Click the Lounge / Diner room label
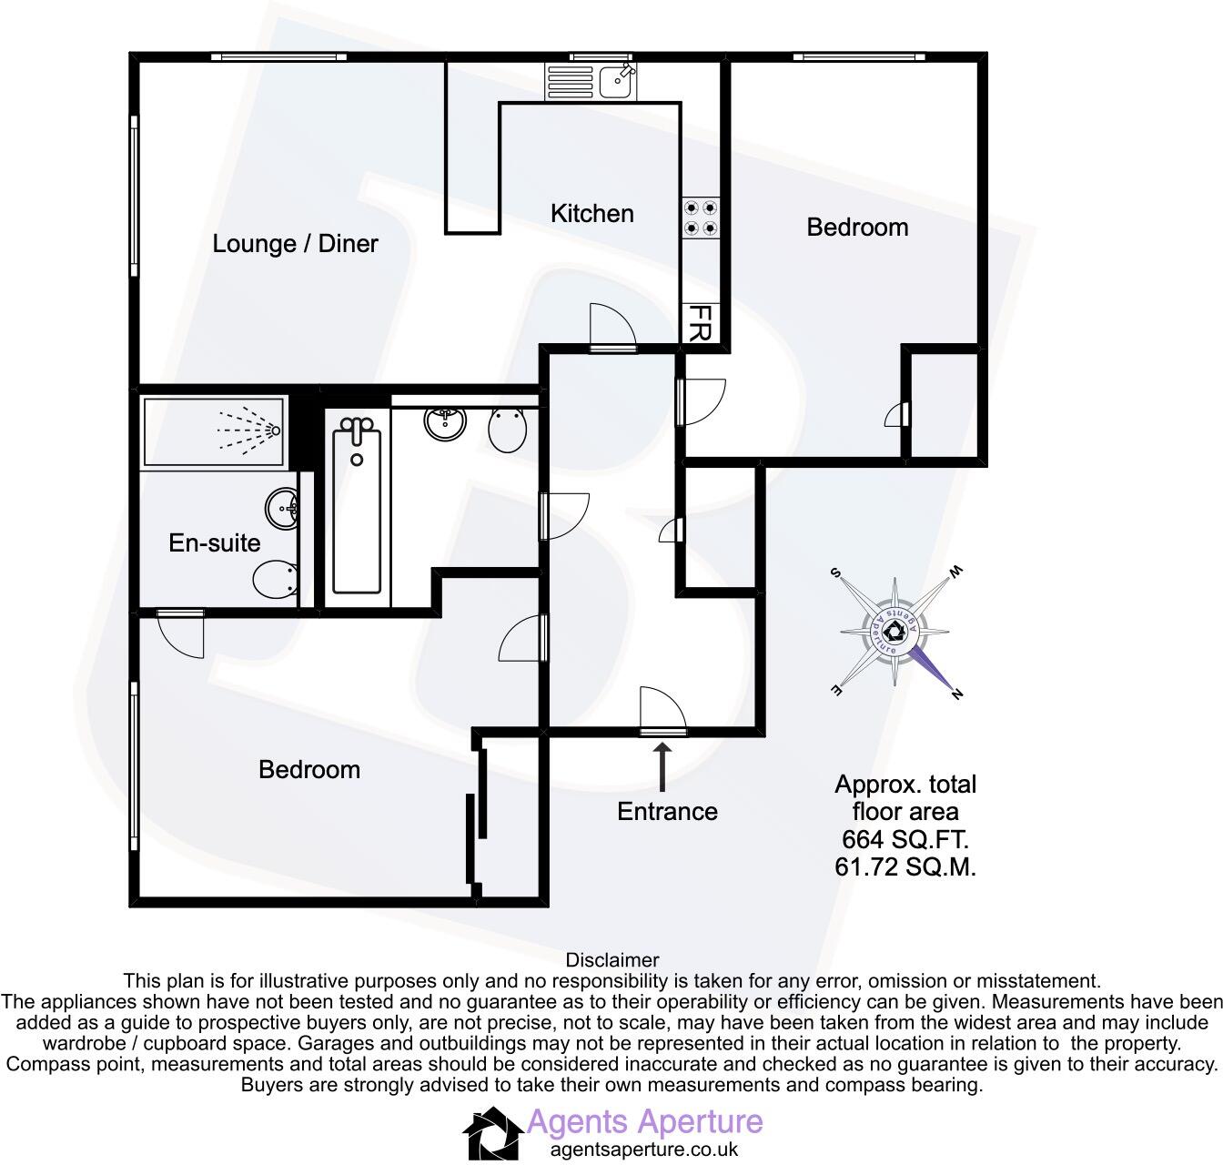[295, 244]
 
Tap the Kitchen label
[591, 214]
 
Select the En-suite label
[215, 543]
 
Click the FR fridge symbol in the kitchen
[700, 323]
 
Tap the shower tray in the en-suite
[214, 431]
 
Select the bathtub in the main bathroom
[357, 511]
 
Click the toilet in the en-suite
[274, 579]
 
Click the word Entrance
[667, 812]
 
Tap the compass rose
[895, 633]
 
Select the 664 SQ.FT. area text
[905, 838]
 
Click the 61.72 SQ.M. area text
[905, 867]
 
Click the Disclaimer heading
[611, 960]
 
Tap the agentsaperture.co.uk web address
[644, 1149]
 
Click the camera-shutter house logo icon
[492, 1133]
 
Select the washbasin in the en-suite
[282, 508]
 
